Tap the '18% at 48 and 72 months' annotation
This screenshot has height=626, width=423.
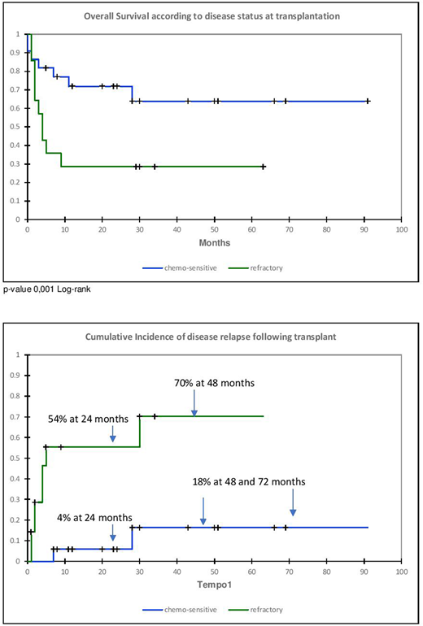tap(249, 481)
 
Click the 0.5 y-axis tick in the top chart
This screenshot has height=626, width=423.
tap(17, 126)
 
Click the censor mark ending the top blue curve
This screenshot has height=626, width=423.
tap(368, 101)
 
